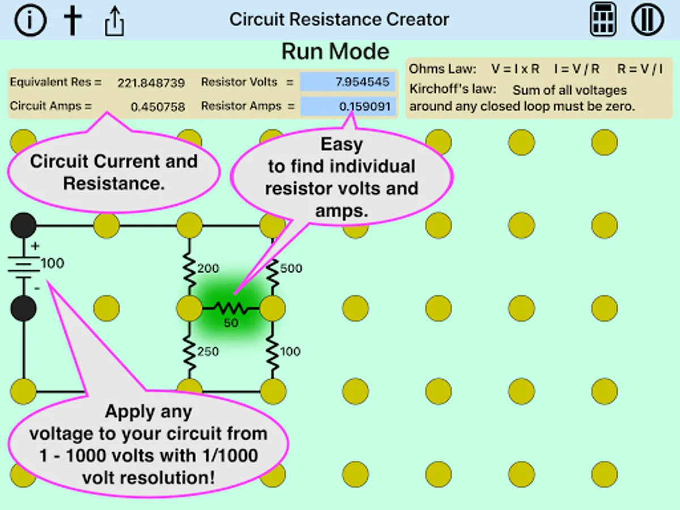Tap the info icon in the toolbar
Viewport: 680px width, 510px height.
click(31, 20)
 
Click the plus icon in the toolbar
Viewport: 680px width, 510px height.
click(73, 20)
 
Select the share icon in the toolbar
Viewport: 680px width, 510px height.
click(114, 21)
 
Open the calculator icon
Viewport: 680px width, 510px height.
click(603, 19)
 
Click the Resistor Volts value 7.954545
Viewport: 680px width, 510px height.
click(362, 82)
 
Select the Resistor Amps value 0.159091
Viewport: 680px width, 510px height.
click(364, 107)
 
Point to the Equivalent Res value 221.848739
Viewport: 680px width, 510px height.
click(151, 83)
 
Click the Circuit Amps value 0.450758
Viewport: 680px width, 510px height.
click(158, 107)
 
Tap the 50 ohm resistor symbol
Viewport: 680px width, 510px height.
click(231, 308)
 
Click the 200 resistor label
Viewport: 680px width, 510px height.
click(208, 268)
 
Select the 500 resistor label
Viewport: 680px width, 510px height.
click(291, 268)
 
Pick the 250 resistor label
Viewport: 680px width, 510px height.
click(208, 352)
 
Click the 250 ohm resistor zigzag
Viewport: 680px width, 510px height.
click(189, 352)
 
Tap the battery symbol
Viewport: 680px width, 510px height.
click(24, 266)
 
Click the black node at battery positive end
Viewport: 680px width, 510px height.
click(24, 225)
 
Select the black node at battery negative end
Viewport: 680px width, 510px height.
click(24, 308)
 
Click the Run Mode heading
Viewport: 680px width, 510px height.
click(335, 51)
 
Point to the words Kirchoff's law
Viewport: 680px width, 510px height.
click(453, 89)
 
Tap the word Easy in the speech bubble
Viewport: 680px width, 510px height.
click(342, 144)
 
